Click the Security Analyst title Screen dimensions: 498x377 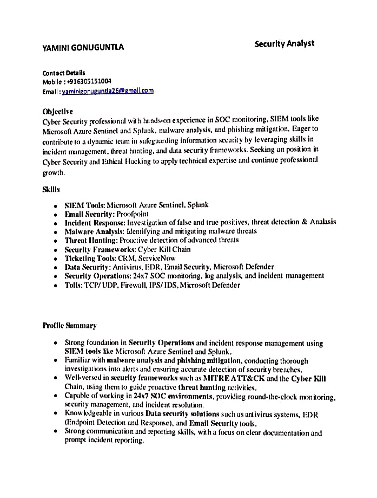pyautogui.click(x=284, y=43)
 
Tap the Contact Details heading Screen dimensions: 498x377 pyautogui.click(x=64, y=73)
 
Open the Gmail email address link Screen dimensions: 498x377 pyautogui.click(x=108, y=91)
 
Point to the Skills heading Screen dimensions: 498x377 pyautogui.click(x=51, y=190)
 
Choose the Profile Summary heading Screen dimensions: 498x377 pyautogui.click(x=69, y=326)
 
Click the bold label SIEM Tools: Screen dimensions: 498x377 pyautogui.click(x=84, y=205)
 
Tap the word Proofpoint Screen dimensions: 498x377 pyautogui.click(x=133, y=214)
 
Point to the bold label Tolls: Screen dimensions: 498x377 pyautogui.click(x=73, y=284)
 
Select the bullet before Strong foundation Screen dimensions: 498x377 pyautogui.click(x=56, y=343)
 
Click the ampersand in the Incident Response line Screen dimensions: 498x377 pyautogui.click(x=305, y=222)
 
